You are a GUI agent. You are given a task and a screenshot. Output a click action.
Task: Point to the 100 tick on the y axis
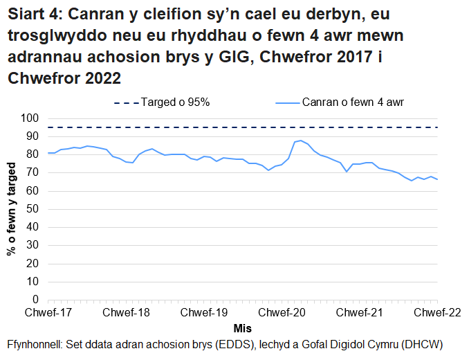click(x=31, y=118)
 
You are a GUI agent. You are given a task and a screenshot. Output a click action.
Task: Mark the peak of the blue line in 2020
click(x=301, y=141)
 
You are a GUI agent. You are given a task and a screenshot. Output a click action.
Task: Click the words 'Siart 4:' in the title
click(x=34, y=15)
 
